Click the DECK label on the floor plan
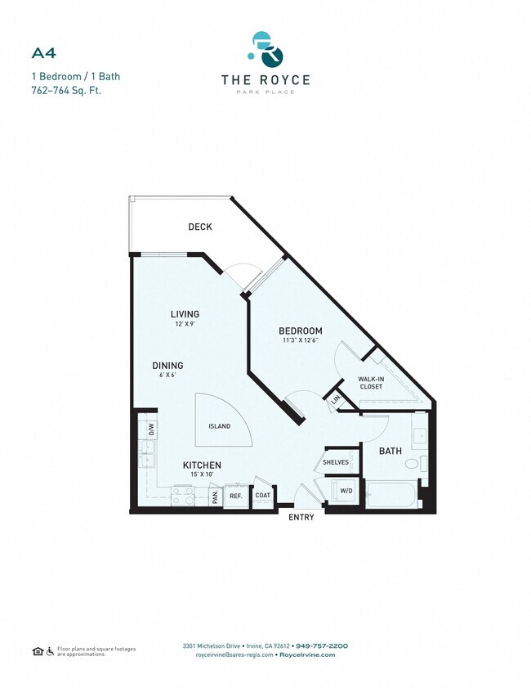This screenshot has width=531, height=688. click(200, 227)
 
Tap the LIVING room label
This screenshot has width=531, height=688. click(185, 314)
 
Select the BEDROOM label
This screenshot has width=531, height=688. click(300, 331)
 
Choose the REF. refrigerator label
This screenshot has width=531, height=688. click(235, 496)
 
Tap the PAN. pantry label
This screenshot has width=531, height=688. click(214, 496)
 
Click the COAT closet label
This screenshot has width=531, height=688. click(262, 495)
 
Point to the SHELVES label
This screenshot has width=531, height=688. click(336, 462)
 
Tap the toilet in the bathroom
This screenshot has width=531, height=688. click(412, 464)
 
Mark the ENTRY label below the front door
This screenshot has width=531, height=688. click(301, 518)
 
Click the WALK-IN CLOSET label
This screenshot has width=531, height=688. click(370, 383)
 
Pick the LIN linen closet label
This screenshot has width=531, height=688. click(335, 400)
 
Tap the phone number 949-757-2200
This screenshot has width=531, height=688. click(321, 645)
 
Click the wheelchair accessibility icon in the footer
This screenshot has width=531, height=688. click(51, 651)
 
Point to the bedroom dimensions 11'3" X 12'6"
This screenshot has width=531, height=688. click(300, 341)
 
